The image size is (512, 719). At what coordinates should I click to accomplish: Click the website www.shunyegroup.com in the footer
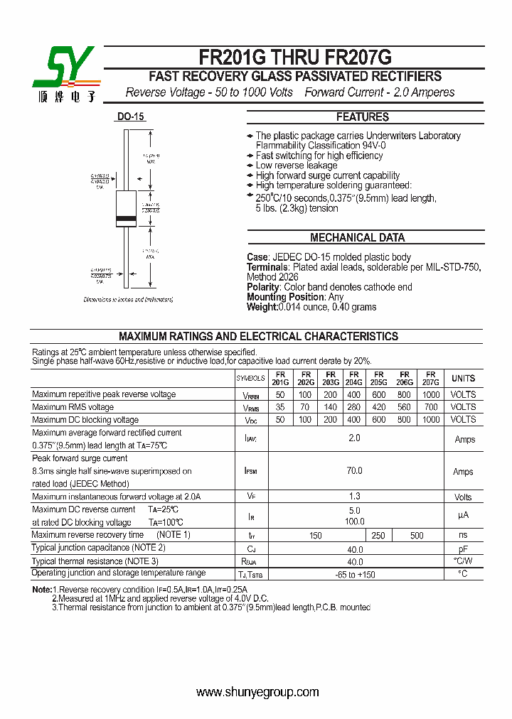tap(257, 692)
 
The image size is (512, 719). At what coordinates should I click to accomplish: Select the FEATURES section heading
tap(362, 117)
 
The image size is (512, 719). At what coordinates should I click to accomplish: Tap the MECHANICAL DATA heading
tap(357, 238)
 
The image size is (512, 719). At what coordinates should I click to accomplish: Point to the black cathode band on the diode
tap(126, 217)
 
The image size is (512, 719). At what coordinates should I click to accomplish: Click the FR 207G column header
tap(430, 378)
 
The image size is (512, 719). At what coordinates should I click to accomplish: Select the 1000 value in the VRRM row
tap(431, 394)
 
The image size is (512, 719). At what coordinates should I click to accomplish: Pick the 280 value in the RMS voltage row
tap(354, 407)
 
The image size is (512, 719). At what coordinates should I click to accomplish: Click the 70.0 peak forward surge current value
tap(354, 471)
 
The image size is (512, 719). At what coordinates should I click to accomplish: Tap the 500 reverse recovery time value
tap(417, 536)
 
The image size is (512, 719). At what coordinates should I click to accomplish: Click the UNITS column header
tap(464, 378)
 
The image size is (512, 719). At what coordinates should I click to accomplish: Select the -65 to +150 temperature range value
tap(354, 574)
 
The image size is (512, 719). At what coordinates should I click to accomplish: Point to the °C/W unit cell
tap(464, 561)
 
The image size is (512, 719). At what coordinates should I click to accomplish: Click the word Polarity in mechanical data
tap(264, 287)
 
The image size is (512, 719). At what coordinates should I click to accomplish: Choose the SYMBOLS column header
tap(250, 379)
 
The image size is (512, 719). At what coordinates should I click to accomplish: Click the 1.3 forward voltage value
tap(354, 497)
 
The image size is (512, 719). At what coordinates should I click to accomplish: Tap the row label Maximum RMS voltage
tap(73, 407)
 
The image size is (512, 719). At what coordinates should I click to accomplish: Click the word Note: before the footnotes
tap(42, 590)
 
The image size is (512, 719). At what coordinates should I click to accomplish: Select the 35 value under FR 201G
tap(280, 407)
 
